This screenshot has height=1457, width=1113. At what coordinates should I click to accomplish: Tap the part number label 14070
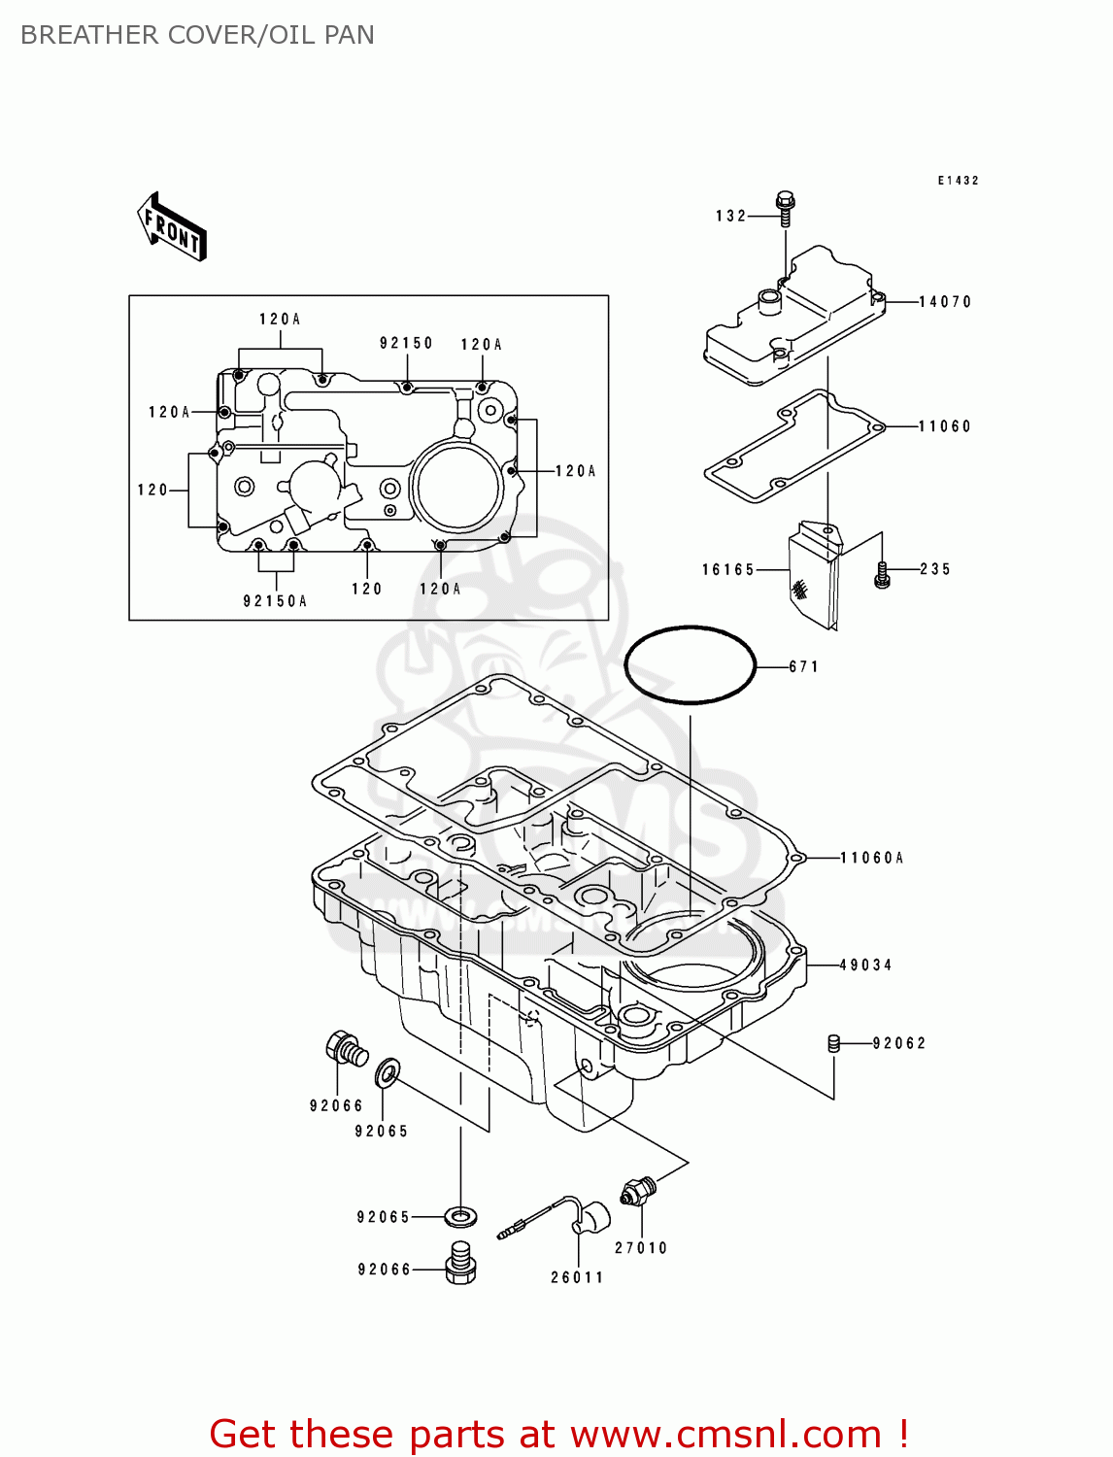[x=945, y=302]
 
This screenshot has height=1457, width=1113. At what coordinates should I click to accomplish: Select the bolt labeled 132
[x=785, y=208]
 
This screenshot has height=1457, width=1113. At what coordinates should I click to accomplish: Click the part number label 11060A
[x=871, y=858]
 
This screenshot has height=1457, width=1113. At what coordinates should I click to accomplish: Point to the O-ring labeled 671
[x=690, y=664]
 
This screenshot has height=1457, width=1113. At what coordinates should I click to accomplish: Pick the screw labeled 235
[x=882, y=574]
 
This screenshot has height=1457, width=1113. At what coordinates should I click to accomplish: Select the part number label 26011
[x=577, y=1277]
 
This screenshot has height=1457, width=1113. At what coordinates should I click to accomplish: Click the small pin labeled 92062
[x=832, y=1043]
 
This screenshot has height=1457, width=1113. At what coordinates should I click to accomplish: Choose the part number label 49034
[x=865, y=965]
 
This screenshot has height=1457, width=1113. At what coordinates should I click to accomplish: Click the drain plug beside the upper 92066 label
[x=346, y=1048]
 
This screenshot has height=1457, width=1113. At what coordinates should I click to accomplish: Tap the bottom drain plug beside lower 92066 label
[x=461, y=1262]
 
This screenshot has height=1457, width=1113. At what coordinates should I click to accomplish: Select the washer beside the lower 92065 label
[x=461, y=1215]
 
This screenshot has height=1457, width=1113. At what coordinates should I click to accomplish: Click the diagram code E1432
[x=958, y=181]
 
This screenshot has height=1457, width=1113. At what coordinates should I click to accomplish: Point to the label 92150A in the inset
[x=275, y=601]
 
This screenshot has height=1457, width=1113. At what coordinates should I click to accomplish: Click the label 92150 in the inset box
[x=406, y=343]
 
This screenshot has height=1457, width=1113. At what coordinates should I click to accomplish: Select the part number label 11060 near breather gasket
[x=944, y=426]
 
